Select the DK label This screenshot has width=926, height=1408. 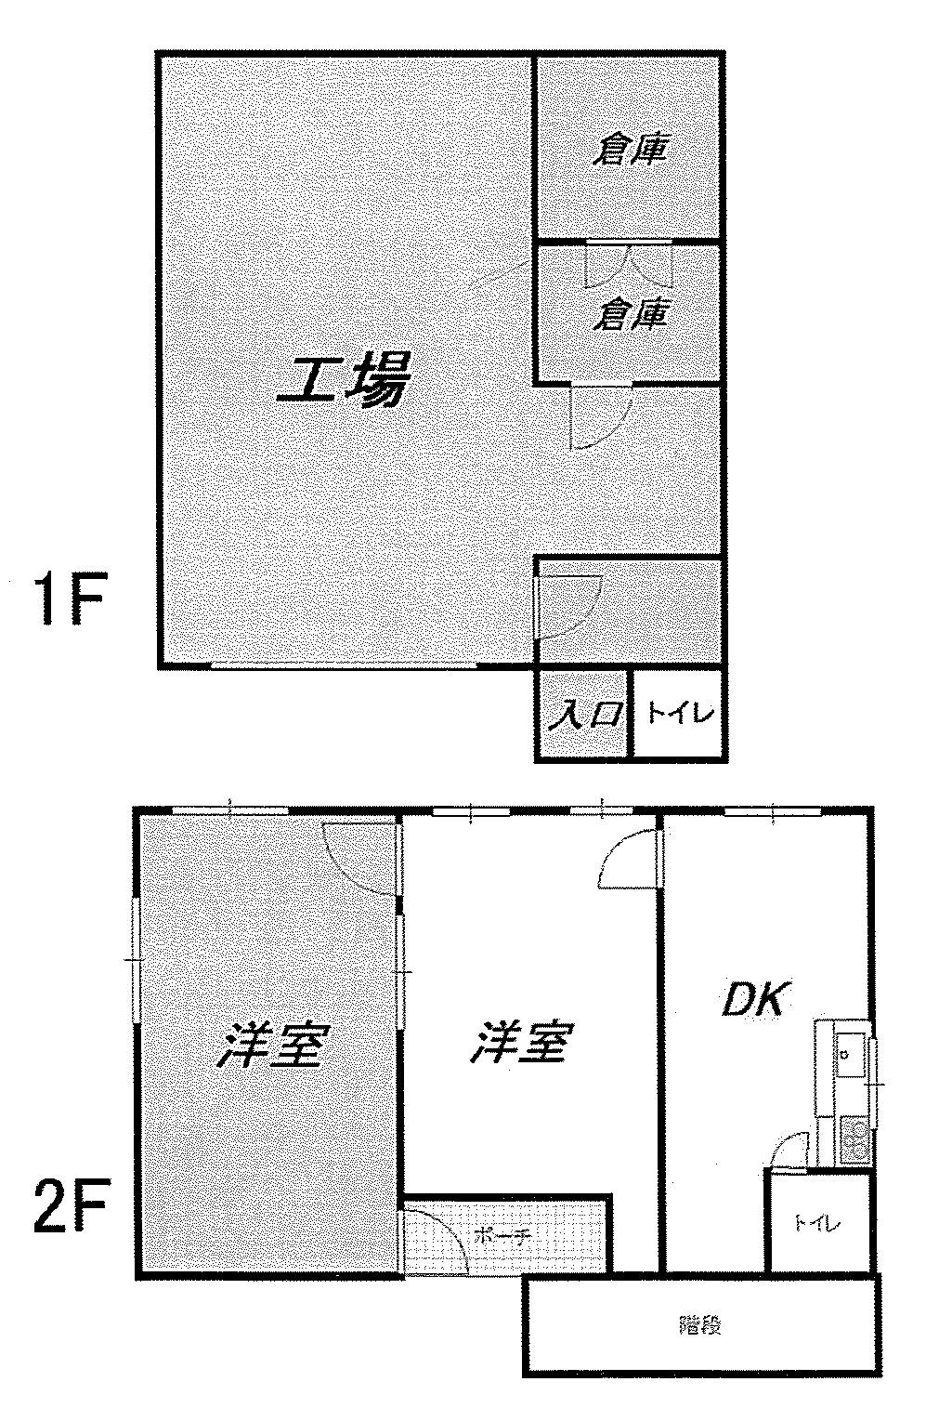[756, 1000]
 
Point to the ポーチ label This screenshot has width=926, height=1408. [502, 1236]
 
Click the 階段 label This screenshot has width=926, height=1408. [701, 1325]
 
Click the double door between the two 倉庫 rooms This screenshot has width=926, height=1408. [630, 264]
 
